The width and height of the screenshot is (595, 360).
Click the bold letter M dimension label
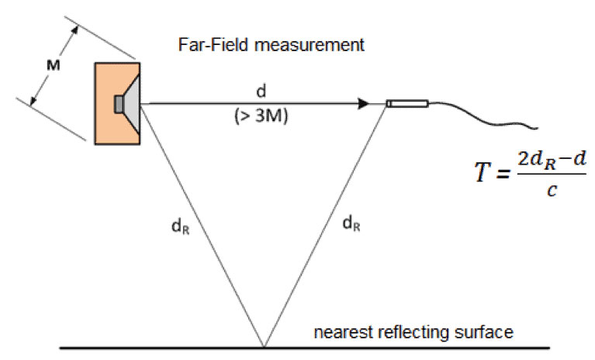[53, 65]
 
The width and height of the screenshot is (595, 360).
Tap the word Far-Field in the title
[214, 45]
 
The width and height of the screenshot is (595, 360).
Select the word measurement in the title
[310, 45]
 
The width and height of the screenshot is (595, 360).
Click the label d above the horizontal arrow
[261, 92]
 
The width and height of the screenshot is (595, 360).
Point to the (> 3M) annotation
[261, 116]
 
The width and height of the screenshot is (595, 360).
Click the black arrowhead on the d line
[363, 103]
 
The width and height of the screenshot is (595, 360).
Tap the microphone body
[407, 103]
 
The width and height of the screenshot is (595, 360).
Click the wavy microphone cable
[484, 116]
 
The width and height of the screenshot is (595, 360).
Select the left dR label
[181, 227]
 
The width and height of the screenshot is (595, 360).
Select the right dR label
[351, 223]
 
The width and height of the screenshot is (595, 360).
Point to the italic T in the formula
[483, 171]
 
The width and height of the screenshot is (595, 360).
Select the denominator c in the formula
[552, 189]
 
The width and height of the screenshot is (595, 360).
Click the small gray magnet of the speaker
[119, 104]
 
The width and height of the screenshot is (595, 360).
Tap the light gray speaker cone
[132, 103]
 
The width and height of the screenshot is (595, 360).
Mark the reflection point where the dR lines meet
[264, 347]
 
